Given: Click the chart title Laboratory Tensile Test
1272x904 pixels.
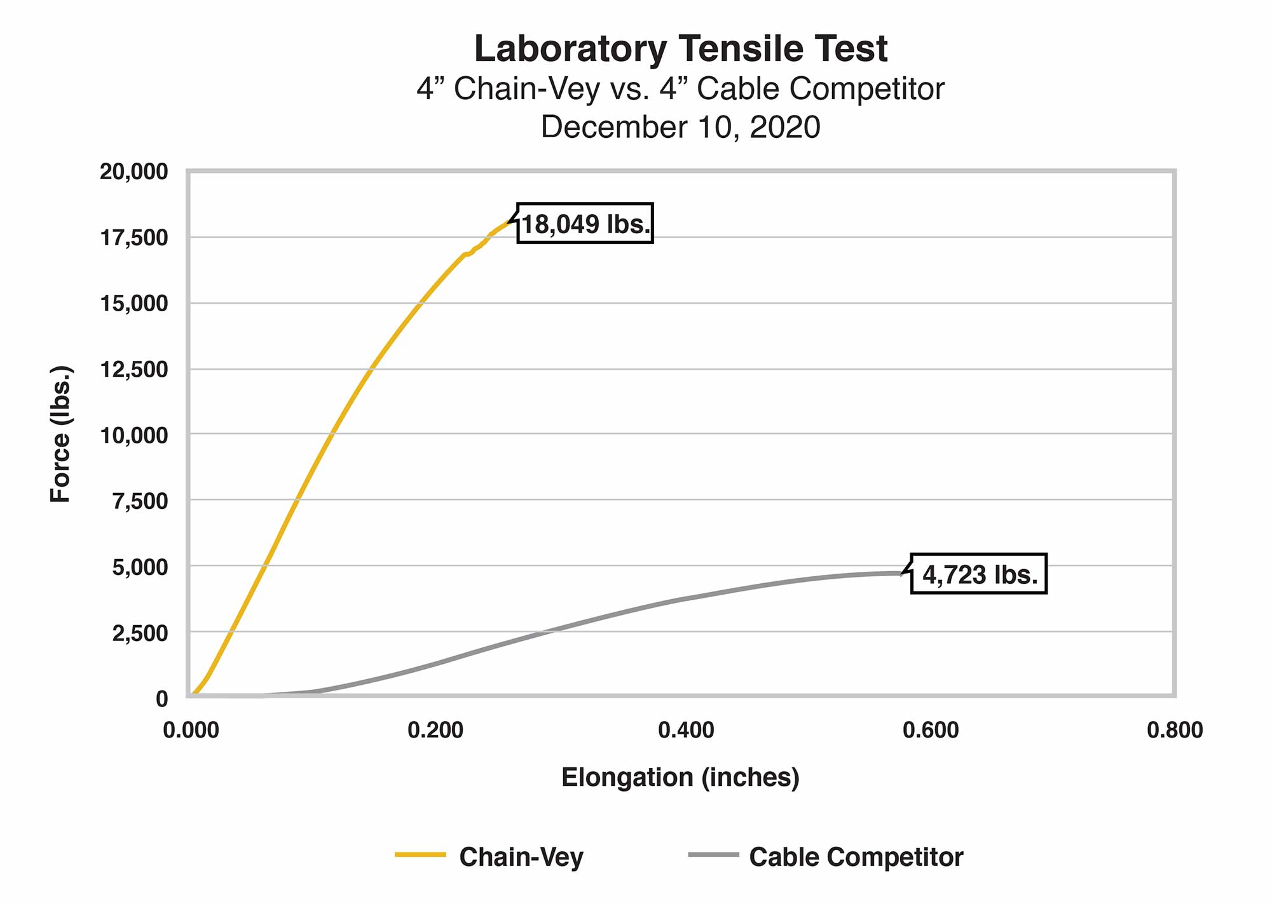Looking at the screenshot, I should pyautogui.click(x=680, y=49).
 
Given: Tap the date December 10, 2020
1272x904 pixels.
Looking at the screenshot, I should pyautogui.click(x=680, y=127).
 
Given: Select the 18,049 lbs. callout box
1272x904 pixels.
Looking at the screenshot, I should pyautogui.click(x=585, y=224).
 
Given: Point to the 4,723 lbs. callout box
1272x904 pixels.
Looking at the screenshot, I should pyautogui.click(x=979, y=574).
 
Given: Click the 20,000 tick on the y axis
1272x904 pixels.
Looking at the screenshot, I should pyautogui.click(x=134, y=172).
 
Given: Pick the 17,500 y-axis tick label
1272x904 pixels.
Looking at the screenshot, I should pyautogui.click(x=134, y=238).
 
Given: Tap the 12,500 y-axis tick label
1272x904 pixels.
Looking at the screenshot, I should pyautogui.click(x=134, y=369).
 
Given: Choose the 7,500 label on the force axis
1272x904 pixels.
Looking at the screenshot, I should pyautogui.click(x=140, y=501).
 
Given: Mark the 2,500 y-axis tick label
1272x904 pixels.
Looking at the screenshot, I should pyautogui.click(x=140, y=633).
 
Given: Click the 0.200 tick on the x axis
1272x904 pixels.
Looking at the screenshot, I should pyautogui.click(x=435, y=731).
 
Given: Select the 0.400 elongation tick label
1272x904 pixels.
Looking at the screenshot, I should pyautogui.click(x=686, y=731).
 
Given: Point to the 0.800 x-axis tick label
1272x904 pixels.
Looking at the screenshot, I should pyautogui.click(x=1175, y=731).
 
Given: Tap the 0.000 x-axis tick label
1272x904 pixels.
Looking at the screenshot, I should pyautogui.click(x=191, y=731).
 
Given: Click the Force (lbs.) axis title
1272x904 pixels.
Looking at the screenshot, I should pyautogui.click(x=60, y=435).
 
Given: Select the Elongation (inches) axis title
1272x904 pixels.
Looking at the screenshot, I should pyautogui.click(x=680, y=778).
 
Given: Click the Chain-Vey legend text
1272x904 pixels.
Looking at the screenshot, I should pyautogui.click(x=521, y=857).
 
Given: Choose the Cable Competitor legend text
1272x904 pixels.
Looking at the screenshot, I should pyautogui.click(x=856, y=857).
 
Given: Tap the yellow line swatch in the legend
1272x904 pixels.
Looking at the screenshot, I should pyautogui.click(x=420, y=855).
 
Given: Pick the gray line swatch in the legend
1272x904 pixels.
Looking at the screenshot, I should pyautogui.click(x=713, y=855).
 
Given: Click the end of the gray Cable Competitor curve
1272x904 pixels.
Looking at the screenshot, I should pyautogui.click(x=901, y=573).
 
